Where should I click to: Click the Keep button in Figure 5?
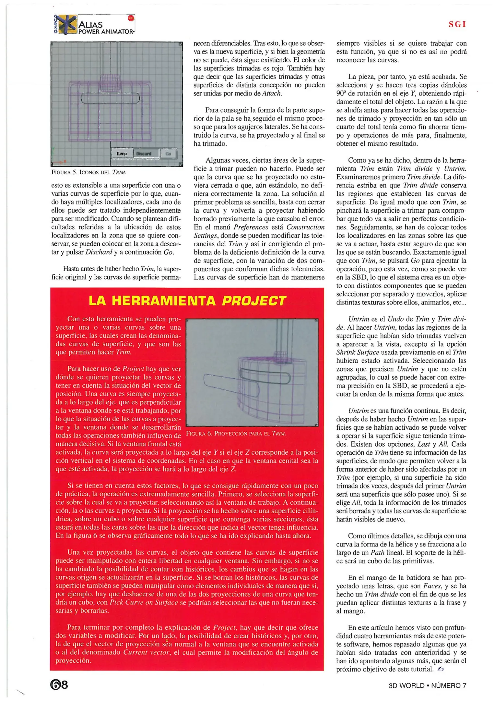(x=122, y=154)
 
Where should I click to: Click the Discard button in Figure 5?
(x=144, y=154)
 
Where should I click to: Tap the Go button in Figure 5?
(x=168, y=154)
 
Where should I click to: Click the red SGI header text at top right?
(x=457, y=24)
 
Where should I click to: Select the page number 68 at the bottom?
(x=59, y=685)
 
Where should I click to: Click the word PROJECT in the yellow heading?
(x=254, y=301)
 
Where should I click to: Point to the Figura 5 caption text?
(x=88, y=172)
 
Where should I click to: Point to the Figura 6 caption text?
(x=236, y=434)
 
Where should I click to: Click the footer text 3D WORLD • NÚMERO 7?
(x=427, y=685)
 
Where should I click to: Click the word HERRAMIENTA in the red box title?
(x=164, y=301)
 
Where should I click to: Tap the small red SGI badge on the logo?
(x=131, y=18)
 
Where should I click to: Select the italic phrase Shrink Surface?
(x=358, y=352)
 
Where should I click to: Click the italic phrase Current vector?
(x=146, y=652)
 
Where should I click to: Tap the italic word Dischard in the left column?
(x=99, y=252)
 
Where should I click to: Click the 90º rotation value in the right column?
(x=341, y=93)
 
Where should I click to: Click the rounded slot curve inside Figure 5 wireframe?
(x=110, y=98)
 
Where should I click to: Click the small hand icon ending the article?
(x=440, y=669)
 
